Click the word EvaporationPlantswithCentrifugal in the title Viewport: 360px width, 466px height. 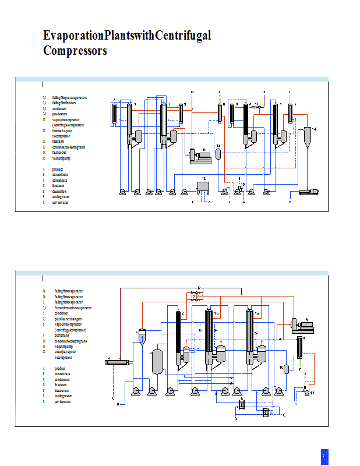[x=127, y=36]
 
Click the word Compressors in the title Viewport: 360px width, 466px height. [x=75, y=51]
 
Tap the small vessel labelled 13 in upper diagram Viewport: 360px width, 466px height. [x=218, y=154]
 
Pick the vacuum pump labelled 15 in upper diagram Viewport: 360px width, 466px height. [x=239, y=188]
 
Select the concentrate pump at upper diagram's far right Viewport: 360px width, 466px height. [x=308, y=190]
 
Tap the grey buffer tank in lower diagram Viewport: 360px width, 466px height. [x=157, y=362]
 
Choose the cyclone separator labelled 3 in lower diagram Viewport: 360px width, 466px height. [x=142, y=336]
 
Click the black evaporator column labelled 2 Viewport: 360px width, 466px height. [x=178, y=338]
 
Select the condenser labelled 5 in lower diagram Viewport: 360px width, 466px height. [x=301, y=348]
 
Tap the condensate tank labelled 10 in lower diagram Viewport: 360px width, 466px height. [x=286, y=369]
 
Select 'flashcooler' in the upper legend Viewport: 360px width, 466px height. [x=61, y=153]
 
